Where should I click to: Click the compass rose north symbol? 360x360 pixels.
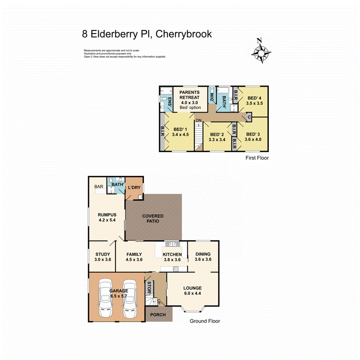coord(262,51)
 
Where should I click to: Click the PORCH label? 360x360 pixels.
coord(158,315)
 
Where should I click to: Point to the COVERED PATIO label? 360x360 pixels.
coord(153,219)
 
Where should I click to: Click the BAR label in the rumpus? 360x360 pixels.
coord(98,187)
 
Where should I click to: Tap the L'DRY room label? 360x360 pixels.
coord(134,188)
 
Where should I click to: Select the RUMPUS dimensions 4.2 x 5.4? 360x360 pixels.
coord(107,221)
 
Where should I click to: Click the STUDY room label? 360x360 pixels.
coord(103,254)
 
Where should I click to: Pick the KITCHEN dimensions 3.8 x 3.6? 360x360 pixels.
coord(172,260)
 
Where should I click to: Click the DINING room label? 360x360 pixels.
coord(203,254)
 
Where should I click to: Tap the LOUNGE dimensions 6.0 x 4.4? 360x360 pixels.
coord(192,293)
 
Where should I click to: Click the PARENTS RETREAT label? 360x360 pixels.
coord(189,95)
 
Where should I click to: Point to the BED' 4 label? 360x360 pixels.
coord(254,98)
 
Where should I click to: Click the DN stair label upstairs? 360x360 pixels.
coord(199,121)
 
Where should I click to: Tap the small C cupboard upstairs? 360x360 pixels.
coord(249,117)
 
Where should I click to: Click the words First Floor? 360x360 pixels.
coord(257,158)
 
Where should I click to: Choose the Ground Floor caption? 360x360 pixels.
coord(205,321)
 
